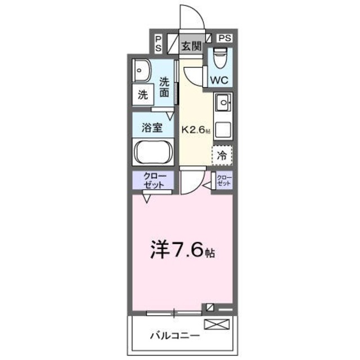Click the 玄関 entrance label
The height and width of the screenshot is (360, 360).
(191, 46)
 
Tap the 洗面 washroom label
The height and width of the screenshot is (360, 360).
(164, 88)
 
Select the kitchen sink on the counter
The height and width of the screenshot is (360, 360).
(222, 103)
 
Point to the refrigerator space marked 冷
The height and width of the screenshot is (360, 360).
(222, 153)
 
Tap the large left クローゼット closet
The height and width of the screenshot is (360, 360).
(153, 181)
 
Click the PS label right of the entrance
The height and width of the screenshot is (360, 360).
(224, 38)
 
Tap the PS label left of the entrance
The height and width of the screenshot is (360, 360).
(159, 44)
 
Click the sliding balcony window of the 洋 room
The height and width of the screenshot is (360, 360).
(174, 312)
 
